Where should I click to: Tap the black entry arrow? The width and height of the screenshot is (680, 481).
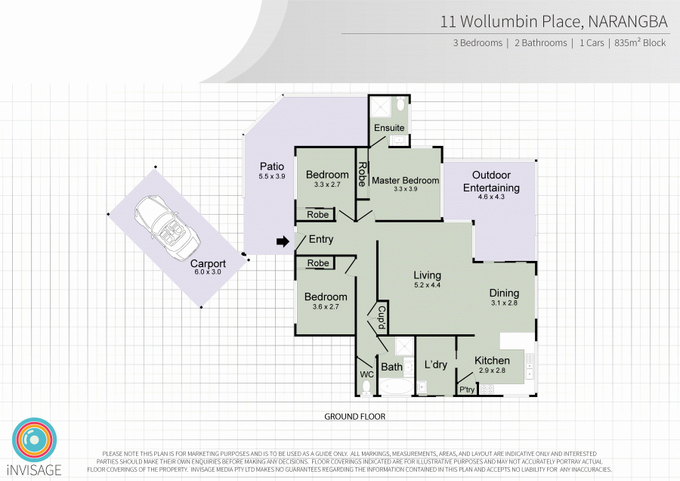pos(282,241)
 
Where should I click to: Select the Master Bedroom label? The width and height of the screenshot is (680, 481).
pos(405,181)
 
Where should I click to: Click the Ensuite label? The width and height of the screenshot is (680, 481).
pos(389,128)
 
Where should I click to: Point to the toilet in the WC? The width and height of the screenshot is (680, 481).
pos(366,387)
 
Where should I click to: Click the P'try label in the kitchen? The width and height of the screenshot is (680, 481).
pos(466,389)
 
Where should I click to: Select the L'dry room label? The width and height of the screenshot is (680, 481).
pos(435,365)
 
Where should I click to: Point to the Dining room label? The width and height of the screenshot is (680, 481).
pos(504,293)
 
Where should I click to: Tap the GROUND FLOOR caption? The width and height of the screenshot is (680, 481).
pos(355,417)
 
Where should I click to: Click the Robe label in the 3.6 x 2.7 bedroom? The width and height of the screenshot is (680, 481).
pos(318,263)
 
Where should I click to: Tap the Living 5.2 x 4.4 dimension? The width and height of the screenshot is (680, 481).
pos(427,285)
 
